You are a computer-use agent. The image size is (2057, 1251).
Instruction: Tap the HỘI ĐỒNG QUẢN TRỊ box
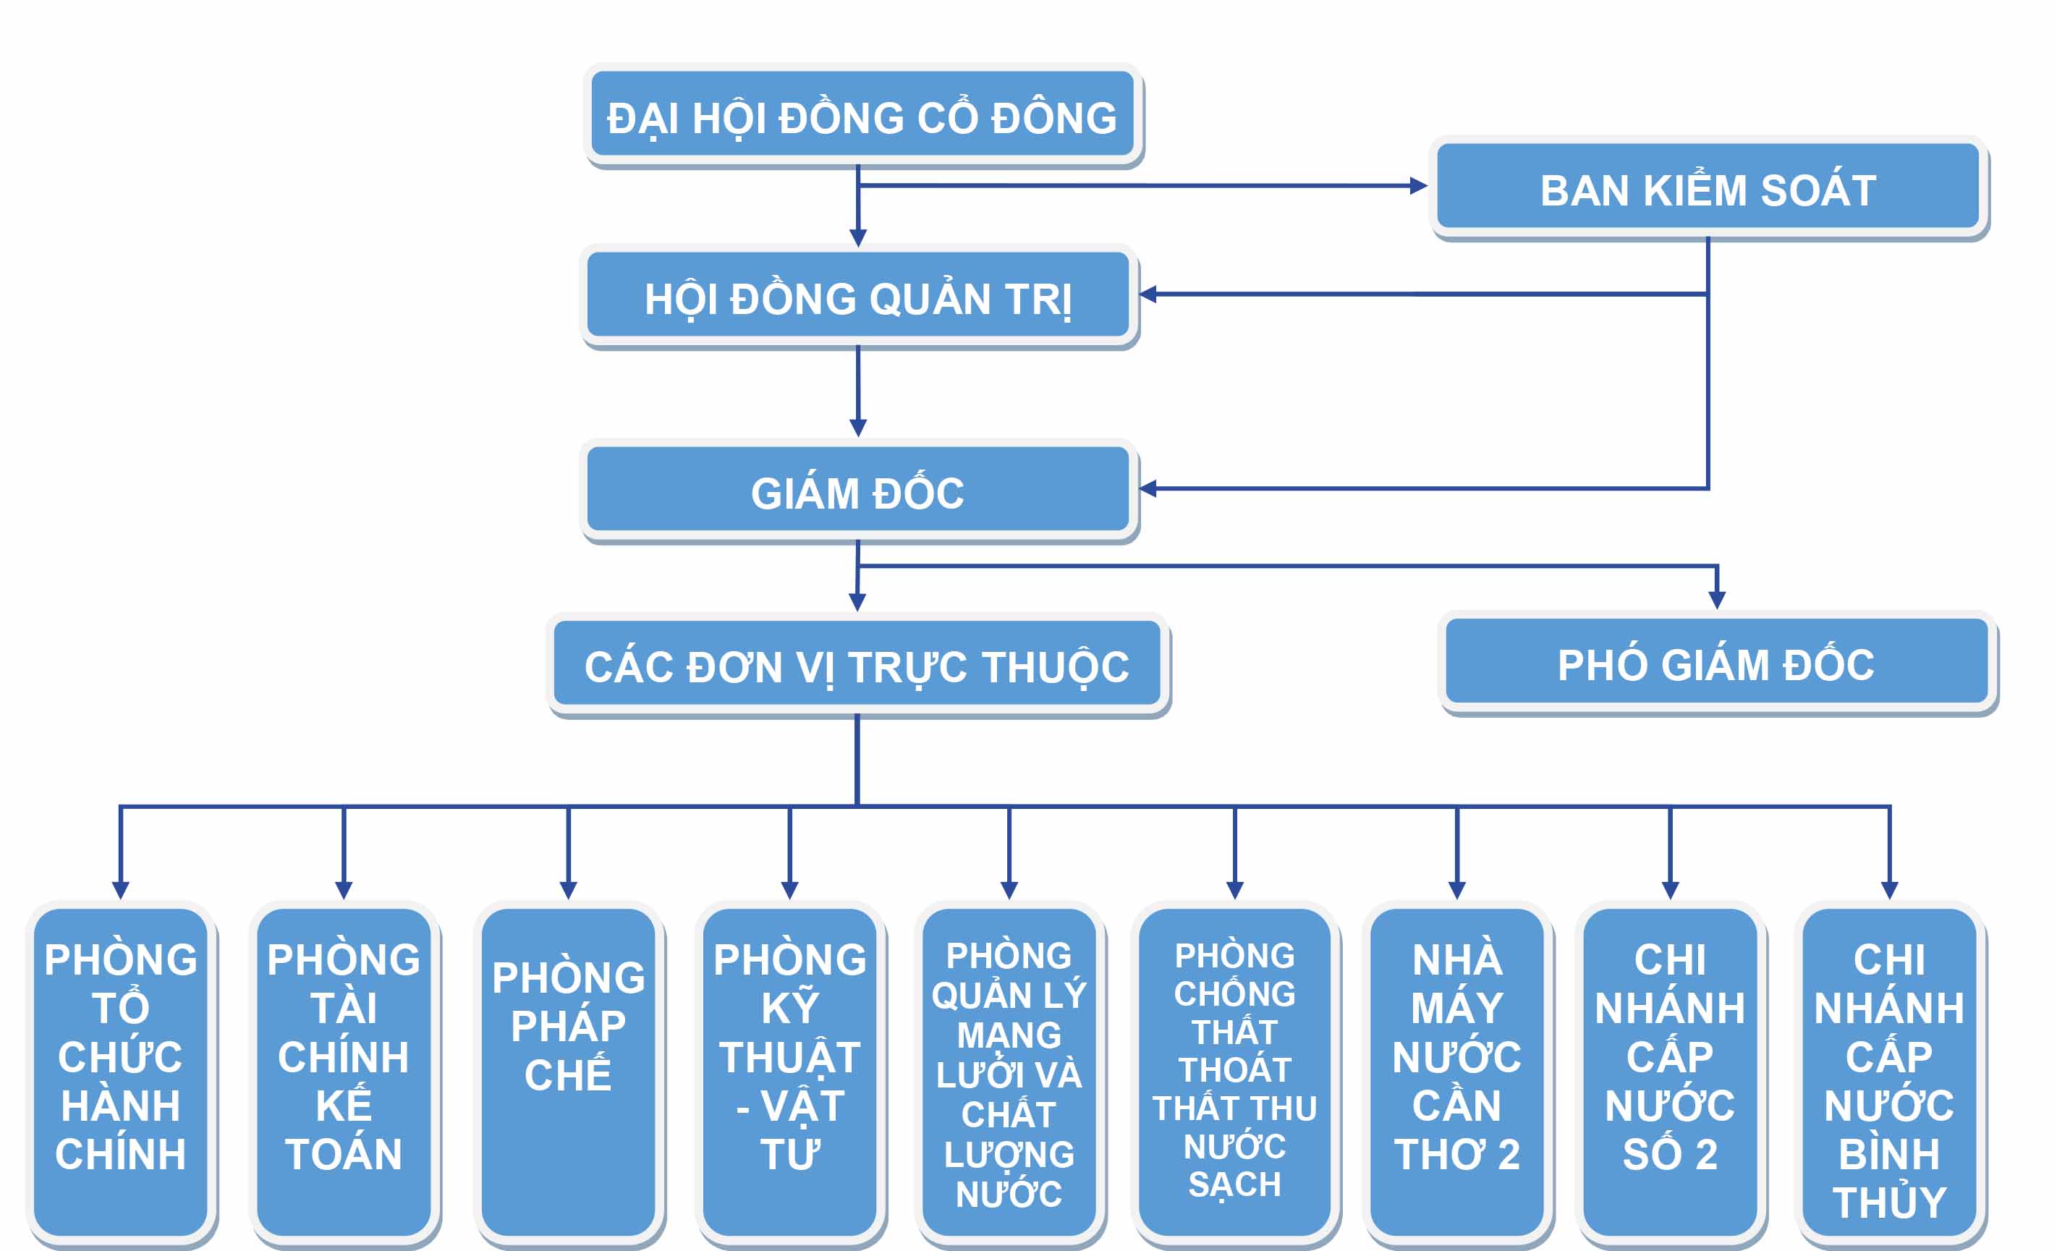(x=857, y=295)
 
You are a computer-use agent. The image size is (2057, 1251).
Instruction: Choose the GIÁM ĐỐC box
(x=857, y=490)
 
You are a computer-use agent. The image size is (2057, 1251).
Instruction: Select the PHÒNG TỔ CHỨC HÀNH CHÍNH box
(x=120, y=1072)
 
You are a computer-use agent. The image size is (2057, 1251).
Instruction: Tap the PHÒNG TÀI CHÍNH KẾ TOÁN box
(x=343, y=1072)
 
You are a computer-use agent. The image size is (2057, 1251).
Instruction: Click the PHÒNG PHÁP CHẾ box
(x=568, y=1072)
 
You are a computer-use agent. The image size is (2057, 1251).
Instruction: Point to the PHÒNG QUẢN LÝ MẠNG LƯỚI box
(x=1009, y=1072)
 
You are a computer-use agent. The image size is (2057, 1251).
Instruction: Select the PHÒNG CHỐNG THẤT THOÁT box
(x=1234, y=1072)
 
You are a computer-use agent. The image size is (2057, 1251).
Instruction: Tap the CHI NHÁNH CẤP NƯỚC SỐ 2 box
(x=1670, y=1072)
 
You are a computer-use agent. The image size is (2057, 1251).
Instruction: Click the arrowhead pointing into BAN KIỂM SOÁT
(x=1417, y=186)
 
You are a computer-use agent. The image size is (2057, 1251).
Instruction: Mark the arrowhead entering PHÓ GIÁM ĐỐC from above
(x=1716, y=599)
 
